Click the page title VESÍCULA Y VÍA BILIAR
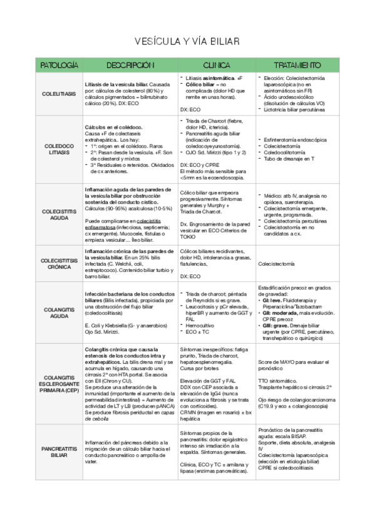point(187,41)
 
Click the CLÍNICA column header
point(216,65)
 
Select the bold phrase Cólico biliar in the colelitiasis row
point(201,84)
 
